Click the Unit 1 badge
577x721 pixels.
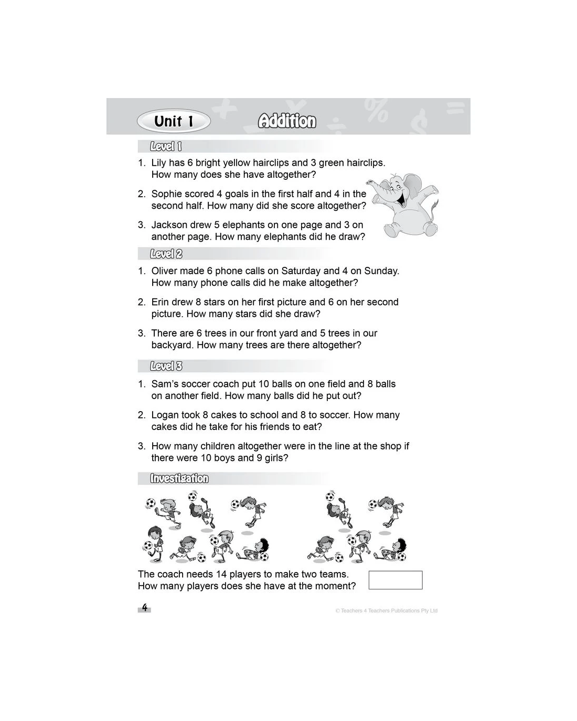(174, 122)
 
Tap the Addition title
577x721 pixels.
(287, 121)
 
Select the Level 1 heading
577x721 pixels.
(166, 146)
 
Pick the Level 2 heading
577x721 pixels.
(166, 254)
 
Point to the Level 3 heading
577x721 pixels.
(166, 366)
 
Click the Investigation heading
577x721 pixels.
(179, 478)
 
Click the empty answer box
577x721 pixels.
(396, 580)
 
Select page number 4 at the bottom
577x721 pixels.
(145, 608)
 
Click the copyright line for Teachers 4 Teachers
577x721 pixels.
(386, 610)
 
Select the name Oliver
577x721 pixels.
(165, 271)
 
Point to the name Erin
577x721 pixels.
(161, 302)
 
